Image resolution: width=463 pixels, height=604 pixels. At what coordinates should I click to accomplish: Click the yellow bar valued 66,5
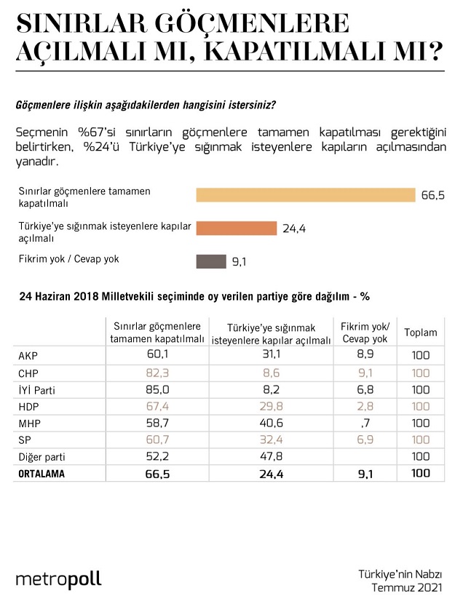(x=306, y=195)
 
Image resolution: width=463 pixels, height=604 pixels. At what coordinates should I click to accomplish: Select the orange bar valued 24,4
(x=237, y=228)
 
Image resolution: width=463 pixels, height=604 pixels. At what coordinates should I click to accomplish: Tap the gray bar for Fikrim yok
(x=211, y=261)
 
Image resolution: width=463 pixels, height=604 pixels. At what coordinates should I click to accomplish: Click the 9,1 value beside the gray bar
(x=240, y=262)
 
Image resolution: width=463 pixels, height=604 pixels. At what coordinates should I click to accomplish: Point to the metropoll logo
(x=58, y=580)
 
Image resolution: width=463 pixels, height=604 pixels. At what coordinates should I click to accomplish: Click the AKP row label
(x=28, y=356)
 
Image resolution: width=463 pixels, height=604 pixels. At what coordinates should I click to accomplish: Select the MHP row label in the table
(x=29, y=424)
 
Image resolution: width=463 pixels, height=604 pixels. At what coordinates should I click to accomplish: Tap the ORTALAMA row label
(x=41, y=474)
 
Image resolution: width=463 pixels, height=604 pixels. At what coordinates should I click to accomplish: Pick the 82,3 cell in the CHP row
(x=157, y=373)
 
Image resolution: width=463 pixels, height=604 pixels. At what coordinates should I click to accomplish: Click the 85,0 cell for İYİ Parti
(x=157, y=390)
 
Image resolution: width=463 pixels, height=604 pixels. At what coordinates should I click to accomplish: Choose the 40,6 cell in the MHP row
(x=271, y=424)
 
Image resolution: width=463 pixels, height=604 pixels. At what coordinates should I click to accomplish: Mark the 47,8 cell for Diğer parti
(x=271, y=456)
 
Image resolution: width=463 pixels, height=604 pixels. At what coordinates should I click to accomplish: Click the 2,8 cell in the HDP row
(x=365, y=406)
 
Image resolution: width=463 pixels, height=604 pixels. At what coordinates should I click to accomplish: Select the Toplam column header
(x=421, y=333)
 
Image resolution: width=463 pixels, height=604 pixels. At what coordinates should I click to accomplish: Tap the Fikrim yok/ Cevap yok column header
(x=365, y=333)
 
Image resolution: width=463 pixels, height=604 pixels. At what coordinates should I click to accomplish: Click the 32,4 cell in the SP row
(x=271, y=440)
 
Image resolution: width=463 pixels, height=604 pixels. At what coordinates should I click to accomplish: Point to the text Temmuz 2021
(x=407, y=588)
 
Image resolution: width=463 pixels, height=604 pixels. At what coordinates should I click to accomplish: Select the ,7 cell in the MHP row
(x=365, y=424)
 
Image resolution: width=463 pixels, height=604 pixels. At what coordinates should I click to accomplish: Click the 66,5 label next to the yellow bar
(x=433, y=195)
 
